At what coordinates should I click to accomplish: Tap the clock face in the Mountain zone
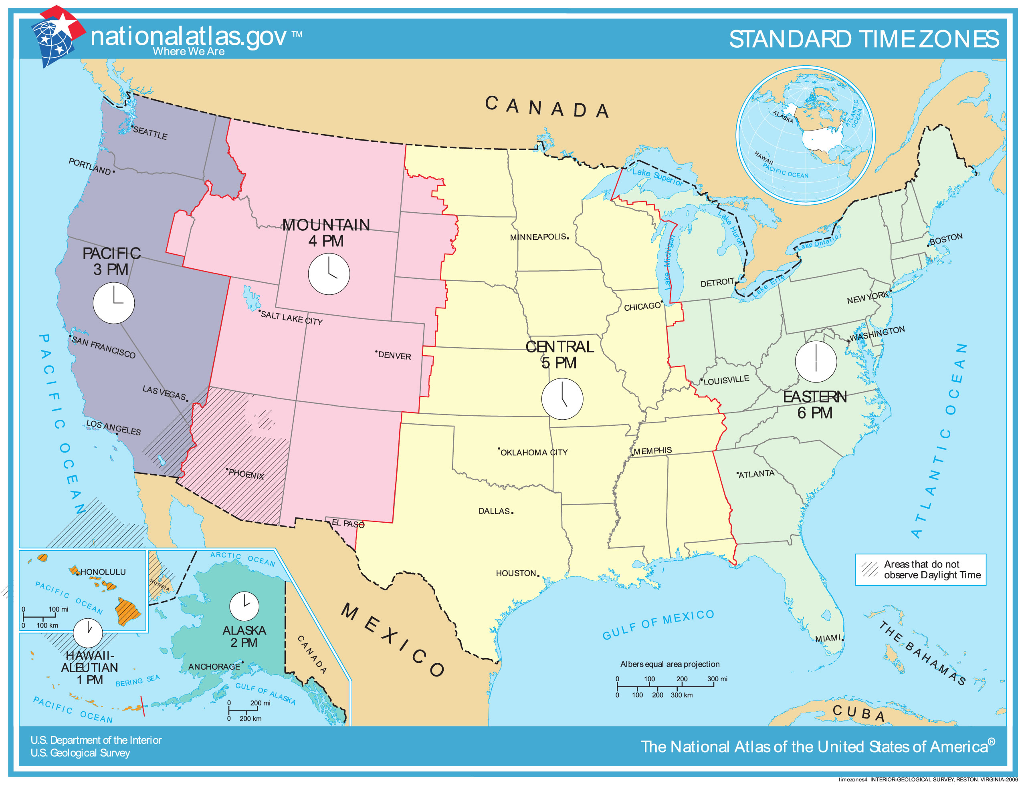329,274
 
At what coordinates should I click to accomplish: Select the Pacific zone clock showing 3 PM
114,303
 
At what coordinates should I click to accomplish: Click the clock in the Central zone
562,399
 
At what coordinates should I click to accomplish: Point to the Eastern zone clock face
816,362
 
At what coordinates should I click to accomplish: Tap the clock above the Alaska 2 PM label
244,606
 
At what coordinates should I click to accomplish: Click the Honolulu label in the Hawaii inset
103,572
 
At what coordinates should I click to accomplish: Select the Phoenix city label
246,474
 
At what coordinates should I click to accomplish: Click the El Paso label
348,524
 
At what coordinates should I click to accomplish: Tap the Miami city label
828,639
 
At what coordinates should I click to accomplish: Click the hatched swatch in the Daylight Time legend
870,569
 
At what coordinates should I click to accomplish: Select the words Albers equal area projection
670,664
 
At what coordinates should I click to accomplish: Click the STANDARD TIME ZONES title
864,39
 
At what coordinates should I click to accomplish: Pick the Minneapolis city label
538,238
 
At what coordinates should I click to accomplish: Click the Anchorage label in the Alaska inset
214,667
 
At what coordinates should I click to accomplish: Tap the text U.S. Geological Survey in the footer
81,753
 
